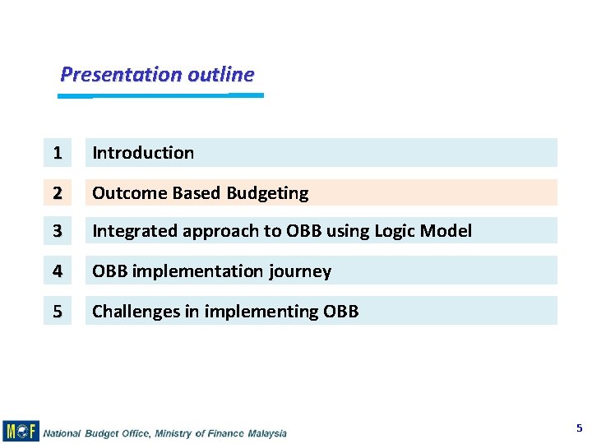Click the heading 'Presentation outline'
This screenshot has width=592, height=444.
pyautogui.click(x=157, y=74)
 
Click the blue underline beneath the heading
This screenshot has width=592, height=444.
pyautogui.click(x=160, y=95)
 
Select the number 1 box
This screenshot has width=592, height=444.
pyautogui.click(x=57, y=152)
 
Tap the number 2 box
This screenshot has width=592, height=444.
pyautogui.click(x=57, y=192)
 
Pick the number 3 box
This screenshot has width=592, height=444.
pyautogui.click(x=57, y=231)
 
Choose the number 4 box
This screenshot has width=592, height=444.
pyautogui.click(x=57, y=271)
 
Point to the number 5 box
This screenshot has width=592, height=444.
pyautogui.click(x=57, y=311)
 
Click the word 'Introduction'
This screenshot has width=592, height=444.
pyautogui.click(x=143, y=152)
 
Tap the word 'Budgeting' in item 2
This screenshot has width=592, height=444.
pyautogui.click(x=267, y=193)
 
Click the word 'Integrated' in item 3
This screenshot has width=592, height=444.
pyautogui.click(x=135, y=231)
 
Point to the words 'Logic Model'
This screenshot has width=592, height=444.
pyautogui.click(x=423, y=231)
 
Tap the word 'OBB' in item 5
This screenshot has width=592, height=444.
pyautogui.click(x=340, y=312)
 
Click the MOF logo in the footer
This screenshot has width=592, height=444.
pyautogui.click(x=21, y=431)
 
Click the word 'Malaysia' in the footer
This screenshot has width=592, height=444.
pyautogui.click(x=265, y=433)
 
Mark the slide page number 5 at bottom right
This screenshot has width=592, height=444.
pyautogui.click(x=579, y=428)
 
